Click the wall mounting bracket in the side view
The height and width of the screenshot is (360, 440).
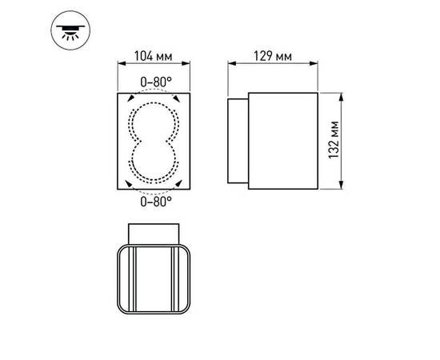238,142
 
